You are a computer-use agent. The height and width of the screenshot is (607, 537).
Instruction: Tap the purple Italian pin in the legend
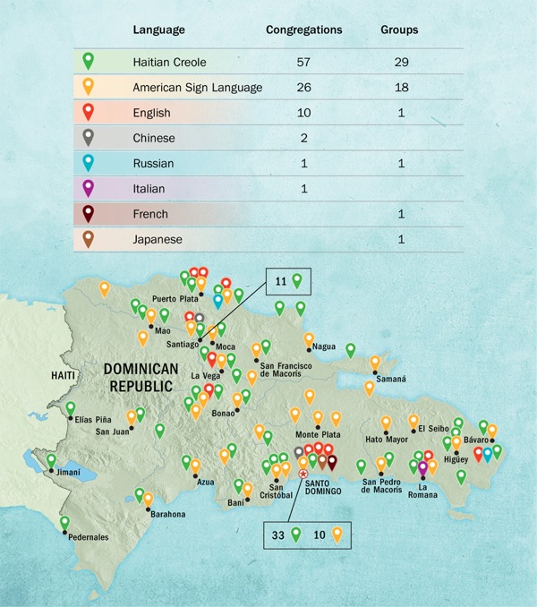click(87, 188)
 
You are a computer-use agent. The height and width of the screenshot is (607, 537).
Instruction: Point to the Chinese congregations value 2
click(303, 138)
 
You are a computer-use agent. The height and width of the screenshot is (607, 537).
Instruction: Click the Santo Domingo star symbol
click(303, 474)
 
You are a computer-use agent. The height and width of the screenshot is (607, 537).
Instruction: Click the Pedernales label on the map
click(90, 538)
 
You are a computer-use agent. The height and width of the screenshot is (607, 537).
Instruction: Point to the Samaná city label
click(390, 379)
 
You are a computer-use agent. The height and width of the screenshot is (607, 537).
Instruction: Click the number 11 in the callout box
click(279, 280)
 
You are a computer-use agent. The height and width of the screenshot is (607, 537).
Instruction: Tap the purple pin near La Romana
click(423, 466)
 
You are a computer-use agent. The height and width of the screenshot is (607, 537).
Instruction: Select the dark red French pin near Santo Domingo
click(332, 461)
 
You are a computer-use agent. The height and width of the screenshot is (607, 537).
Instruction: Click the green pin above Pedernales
click(64, 522)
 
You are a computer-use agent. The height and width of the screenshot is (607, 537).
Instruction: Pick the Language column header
click(158, 30)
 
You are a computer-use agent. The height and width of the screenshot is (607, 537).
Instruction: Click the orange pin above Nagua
click(310, 339)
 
